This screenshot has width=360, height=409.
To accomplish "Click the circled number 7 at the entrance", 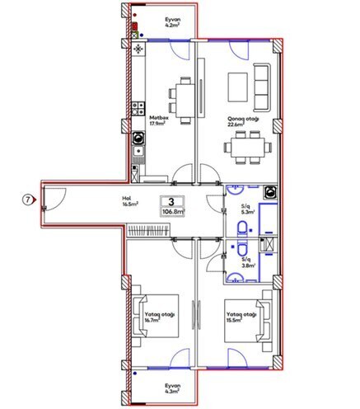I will (27, 200).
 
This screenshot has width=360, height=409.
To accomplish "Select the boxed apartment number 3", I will (171, 200).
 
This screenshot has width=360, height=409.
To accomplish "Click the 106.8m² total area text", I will (171, 212).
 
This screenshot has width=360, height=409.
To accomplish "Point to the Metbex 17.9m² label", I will (159, 121).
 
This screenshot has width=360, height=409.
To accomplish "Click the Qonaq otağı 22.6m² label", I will (245, 121).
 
